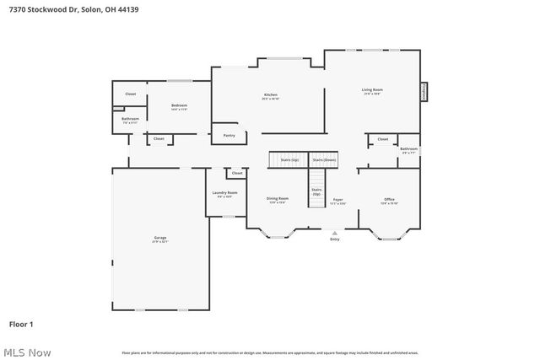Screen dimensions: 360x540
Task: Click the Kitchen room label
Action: tap(270, 94)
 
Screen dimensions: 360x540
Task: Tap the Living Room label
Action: tap(372, 89)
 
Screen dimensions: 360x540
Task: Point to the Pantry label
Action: tap(229, 135)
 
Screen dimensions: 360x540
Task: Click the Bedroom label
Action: tap(179, 105)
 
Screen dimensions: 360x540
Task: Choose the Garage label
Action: tap(160, 239)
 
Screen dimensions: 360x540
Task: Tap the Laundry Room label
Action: tap(224, 193)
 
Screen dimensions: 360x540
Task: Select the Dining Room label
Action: tap(278, 199)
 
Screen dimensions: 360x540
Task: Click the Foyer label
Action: tap(337, 200)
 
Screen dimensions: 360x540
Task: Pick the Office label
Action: tap(389, 200)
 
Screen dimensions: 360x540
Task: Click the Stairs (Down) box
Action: tap(324, 159)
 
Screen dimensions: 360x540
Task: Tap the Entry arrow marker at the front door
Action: tap(335, 233)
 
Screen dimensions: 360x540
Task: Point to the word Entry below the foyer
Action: tap(335, 239)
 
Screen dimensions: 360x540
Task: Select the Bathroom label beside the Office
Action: tap(408, 149)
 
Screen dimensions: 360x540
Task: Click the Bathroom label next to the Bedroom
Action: tap(130, 119)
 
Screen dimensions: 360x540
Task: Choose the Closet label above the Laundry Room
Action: tap(237, 173)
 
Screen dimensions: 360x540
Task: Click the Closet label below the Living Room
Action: tap(382, 139)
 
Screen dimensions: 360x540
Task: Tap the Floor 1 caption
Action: tap(21, 324)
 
